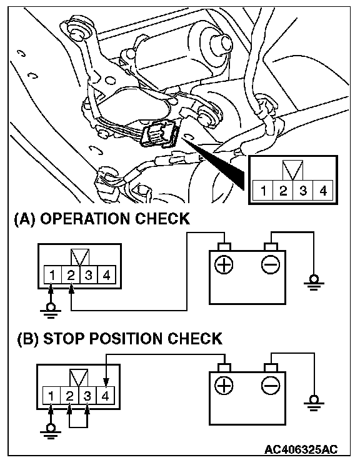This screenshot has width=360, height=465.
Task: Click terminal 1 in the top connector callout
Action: click(x=262, y=191)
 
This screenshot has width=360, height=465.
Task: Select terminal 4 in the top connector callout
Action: click(x=323, y=191)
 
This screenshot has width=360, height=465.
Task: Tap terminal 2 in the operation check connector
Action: click(x=71, y=275)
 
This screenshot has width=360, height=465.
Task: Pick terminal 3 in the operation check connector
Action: click(x=88, y=275)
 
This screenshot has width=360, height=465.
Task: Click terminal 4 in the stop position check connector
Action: click(x=105, y=396)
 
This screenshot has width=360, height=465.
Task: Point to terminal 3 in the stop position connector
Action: click(x=87, y=396)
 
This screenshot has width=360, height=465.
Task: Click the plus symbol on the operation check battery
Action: click(x=224, y=264)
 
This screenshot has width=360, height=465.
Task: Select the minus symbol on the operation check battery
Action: click(x=271, y=264)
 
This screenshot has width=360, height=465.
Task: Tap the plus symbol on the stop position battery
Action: click(x=224, y=386)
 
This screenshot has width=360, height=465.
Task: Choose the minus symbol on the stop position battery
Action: click(x=271, y=386)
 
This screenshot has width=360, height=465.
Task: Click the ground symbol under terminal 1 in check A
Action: click(x=51, y=311)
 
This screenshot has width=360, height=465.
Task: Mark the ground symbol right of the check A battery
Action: click(x=314, y=283)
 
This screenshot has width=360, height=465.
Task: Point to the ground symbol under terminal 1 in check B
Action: click(x=51, y=431)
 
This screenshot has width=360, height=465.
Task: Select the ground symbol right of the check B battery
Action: click(x=314, y=403)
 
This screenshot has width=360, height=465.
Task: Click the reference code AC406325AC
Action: click(x=301, y=449)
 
